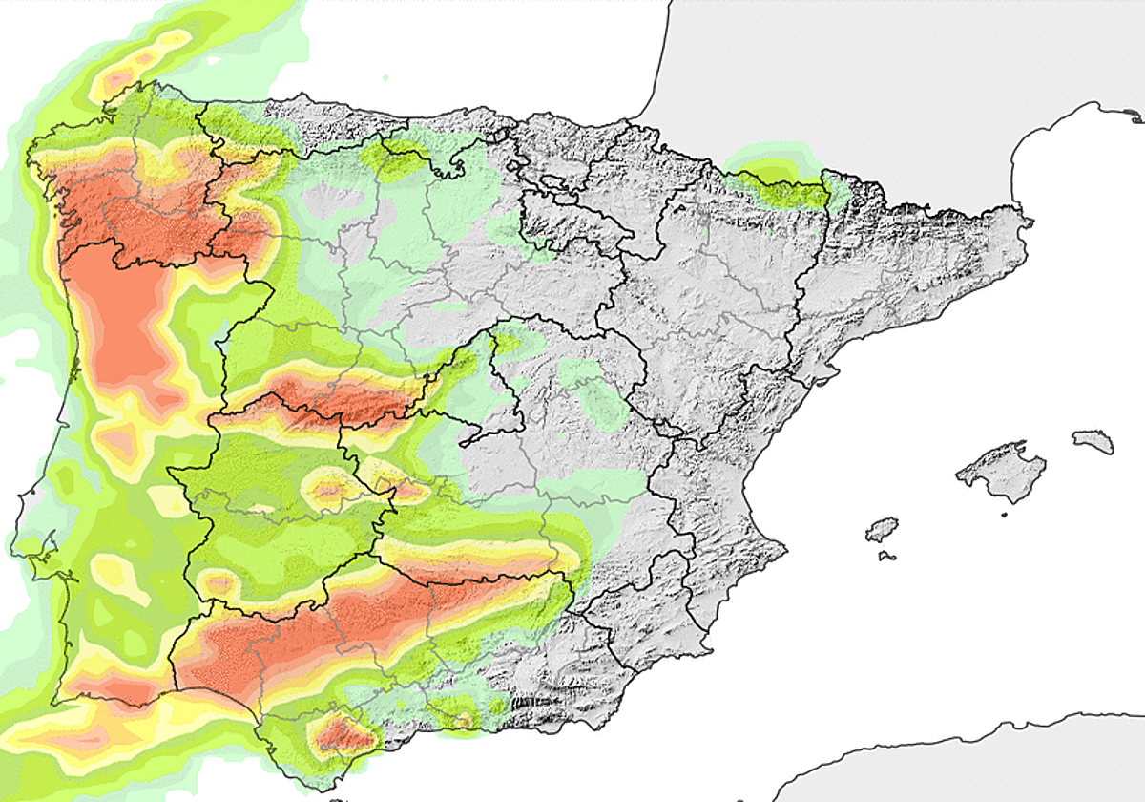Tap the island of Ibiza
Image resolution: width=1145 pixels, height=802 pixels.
[x=883, y=530]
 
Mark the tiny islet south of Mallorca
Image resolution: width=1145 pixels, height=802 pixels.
[x=1003, y=516]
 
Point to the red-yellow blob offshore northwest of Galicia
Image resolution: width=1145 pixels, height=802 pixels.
[x=143, y=62]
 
